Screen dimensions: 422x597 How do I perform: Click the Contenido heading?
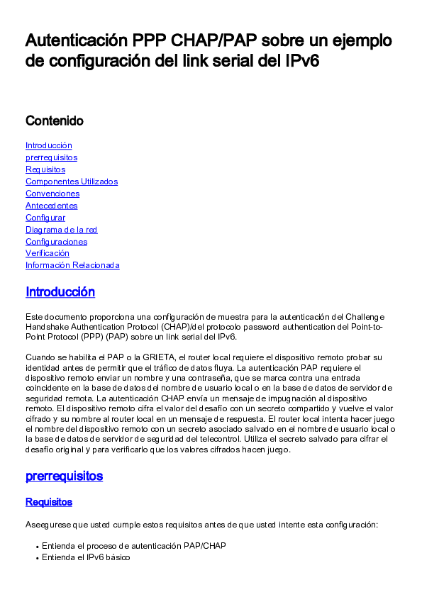point(55,121)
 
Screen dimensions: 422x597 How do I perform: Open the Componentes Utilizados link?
point(72,182)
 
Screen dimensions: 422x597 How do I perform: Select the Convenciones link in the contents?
point(52,194)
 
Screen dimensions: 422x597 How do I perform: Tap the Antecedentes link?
point(52,206)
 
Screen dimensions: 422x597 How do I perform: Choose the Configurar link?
point(45,218)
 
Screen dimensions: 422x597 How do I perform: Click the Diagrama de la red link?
point(61,230)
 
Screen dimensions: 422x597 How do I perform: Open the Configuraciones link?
point(56,242)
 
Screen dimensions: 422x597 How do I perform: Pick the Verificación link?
point(48,253)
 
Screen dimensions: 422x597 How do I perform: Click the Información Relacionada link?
point(72,265)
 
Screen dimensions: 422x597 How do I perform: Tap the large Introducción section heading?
point(60,292)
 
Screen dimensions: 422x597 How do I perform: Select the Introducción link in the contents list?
point(49,145)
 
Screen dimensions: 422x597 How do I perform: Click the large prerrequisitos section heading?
point(64,476)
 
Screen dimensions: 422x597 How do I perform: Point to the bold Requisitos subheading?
point(49,502)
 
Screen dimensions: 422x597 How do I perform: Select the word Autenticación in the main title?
point(74,40)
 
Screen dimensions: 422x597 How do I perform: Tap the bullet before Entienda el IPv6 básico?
point(36,558)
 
